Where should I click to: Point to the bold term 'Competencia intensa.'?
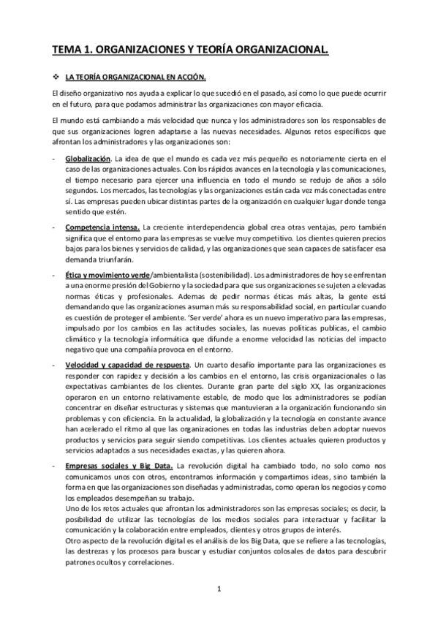[102, 228]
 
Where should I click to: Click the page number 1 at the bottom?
[219, 588]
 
